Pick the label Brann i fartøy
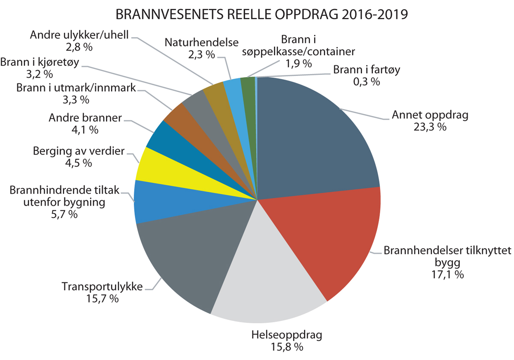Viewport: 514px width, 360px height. coord(366,69)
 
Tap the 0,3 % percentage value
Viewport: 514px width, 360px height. coord(367,81)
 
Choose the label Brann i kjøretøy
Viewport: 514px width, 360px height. coord(41,62)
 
